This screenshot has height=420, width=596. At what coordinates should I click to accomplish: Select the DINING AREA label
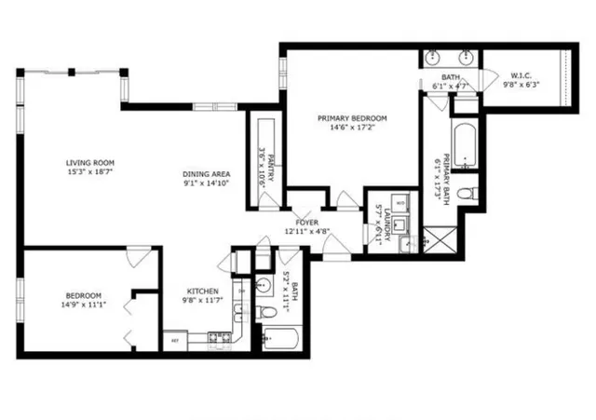pos(206,174)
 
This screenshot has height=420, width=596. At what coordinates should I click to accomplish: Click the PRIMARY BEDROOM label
pos(351,118)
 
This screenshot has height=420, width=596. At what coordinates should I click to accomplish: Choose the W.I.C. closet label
pos(521,75)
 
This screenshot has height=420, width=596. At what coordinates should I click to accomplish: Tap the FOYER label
pos(307,223)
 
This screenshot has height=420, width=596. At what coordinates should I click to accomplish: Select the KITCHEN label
pos(201,291)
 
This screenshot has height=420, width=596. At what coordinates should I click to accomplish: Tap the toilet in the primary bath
pos(473,194)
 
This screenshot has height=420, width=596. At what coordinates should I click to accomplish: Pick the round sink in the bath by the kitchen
pos(264,286)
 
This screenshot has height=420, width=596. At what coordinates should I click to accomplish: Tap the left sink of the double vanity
pos(434,59)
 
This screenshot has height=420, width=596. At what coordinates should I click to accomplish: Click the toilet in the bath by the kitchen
pos(264,311)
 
